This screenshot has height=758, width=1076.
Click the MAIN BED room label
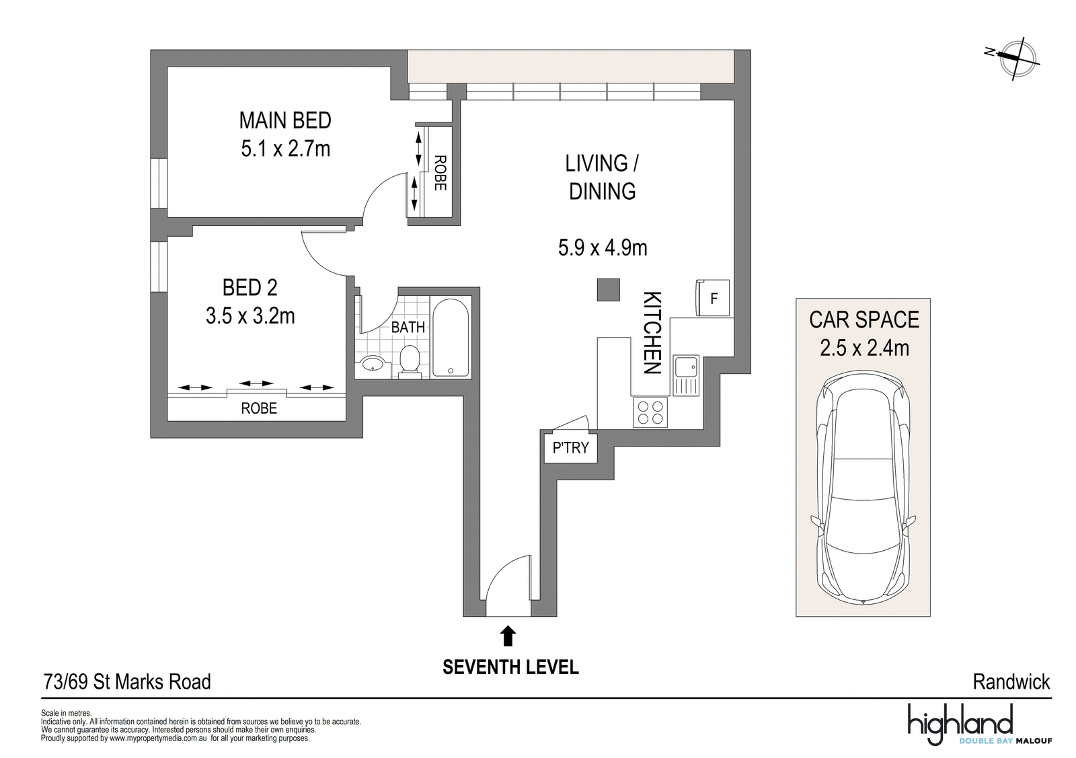[x=285, y=120]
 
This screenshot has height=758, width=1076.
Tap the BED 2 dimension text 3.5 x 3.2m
[x=250, y=316]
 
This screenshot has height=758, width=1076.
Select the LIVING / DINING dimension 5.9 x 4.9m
[x=603, y=248]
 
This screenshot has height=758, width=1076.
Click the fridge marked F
[x=713, y=298]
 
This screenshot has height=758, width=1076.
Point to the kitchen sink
[x=686, y=376]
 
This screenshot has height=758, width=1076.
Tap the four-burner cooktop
[x=650, y=412]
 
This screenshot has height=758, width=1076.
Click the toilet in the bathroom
[x=410, y=360]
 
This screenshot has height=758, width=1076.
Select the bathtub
[x=451, y=337]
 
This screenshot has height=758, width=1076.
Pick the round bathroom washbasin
[x=373, y=364]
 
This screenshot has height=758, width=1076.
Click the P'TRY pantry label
[x=571, y=448]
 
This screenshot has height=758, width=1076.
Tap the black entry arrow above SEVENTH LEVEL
[x=508, y=636]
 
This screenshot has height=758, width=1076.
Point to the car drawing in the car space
[x=863, y=486]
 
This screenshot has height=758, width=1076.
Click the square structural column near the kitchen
[x=608, y=290]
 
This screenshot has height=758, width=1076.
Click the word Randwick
[x=1011, y=682]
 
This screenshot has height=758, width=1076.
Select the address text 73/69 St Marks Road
[x=127, y=682]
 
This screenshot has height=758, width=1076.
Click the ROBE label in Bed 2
[x=259, y=408]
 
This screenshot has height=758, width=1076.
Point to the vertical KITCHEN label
[x=653, y=332]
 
